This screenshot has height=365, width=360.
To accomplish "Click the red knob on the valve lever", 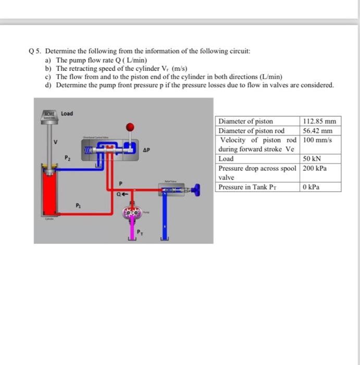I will point(131,126).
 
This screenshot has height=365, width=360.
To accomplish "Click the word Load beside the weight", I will point(67,113).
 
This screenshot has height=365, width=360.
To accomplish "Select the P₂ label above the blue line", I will point(67,157).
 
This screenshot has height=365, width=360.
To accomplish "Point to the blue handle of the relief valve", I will point(196,191).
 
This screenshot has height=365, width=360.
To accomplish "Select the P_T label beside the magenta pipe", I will point(139,232).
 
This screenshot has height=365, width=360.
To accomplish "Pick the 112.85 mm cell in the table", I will point(319,121).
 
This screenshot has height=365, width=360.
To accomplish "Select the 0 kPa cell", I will point(311,187).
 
